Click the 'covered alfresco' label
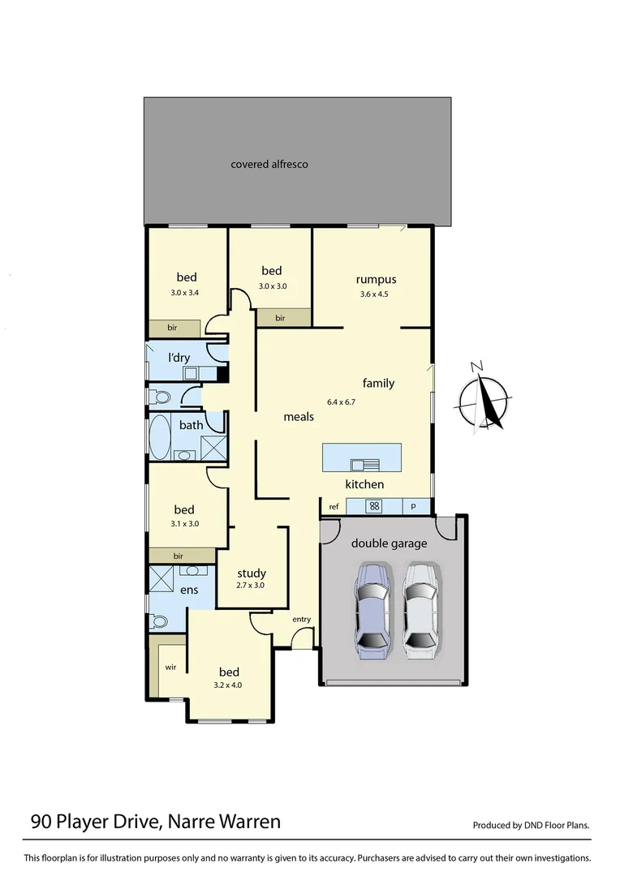(x=269, y=165)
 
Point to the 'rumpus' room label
(x=376, y=280)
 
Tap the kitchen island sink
(x=364, y=465)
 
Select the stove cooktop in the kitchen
(x=374, y=506)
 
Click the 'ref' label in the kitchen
(x=334, y=507)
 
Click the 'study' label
(x=252, y=573)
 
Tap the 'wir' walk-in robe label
(x=170, y=667)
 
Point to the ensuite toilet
(x=160, y=622)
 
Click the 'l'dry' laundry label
(x=179, y=359)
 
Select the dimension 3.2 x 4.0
(x=228, y=685)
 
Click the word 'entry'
(x=301, y=620)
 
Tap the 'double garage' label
(x=388, y=543)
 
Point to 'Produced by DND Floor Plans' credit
(x=532, y=826)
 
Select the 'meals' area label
(x=298, y=417)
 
